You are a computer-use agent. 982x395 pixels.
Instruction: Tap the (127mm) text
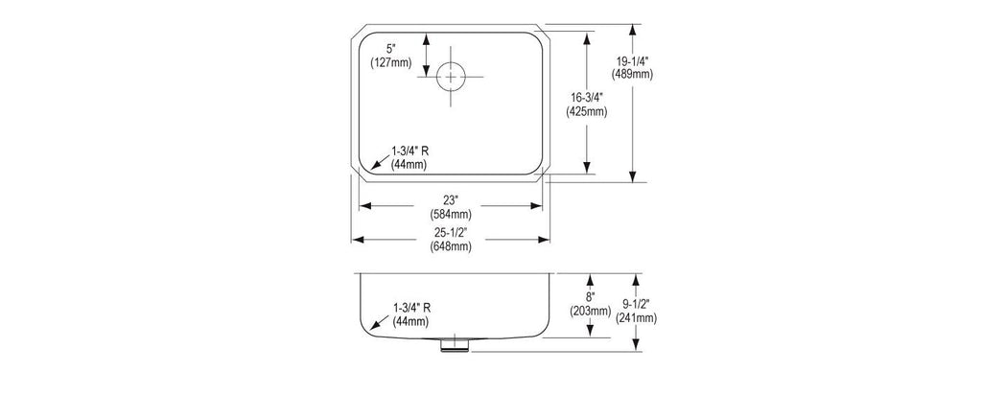pyautogui.click(x=391, y=62)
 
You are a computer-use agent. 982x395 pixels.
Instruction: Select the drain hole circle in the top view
pyautogui.click(x=451, y=77)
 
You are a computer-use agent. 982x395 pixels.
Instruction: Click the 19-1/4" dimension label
pyautogui.click(x=632, y=60)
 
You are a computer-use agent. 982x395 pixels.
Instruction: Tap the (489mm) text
pyautogui.click(x=632, y=74)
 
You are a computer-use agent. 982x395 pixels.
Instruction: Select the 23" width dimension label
pyautogui.click(x=451, y=200)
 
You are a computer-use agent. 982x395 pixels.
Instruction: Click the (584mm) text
pyautogui.click(x=451, y=214)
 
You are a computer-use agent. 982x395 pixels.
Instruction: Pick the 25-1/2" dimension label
pyautogui.click(x=451, y=233)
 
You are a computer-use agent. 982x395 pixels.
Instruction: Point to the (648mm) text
pyautogui.click(x=451, y=246)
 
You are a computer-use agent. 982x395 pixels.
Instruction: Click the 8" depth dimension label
pyautogui.click(x=590, y=296)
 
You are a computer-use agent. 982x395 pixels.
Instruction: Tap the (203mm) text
pyautogui.click(x=590, y=311)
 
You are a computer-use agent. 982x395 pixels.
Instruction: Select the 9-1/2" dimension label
pyautogui.click(x=636, y=304)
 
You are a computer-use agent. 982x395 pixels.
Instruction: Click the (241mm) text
pyautogui.click(x=636, y=318)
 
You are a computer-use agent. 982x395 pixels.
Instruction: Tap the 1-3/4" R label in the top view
pyautogui.click(x=409, y=151)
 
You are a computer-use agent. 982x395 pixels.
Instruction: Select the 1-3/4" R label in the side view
pyautogui.click(x=411, y=308)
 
